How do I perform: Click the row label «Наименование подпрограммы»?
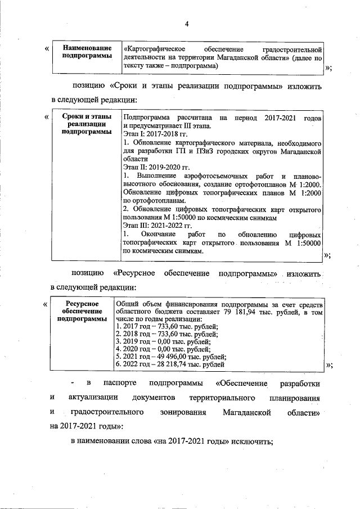[x=87, y=52]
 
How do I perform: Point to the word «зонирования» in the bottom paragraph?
[x=165, y=413]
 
